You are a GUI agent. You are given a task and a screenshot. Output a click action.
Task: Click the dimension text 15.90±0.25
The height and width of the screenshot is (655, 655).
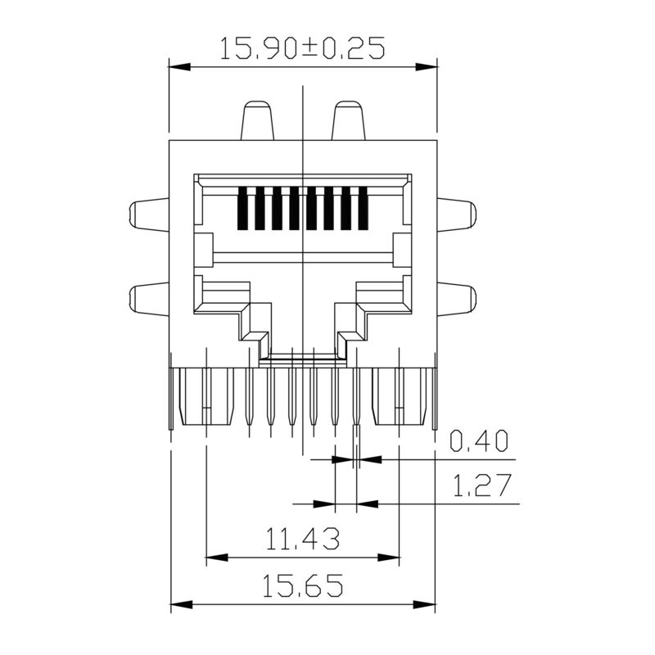[302, 49]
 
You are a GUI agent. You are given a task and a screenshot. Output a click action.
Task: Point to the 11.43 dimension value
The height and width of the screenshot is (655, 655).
[302, 540]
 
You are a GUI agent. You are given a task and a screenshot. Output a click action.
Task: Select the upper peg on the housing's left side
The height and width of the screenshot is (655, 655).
[149, 216]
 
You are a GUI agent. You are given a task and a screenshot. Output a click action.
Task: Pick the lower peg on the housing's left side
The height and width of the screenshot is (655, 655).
[149, 300]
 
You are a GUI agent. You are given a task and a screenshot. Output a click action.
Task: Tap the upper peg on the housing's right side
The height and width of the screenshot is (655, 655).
[455, 216]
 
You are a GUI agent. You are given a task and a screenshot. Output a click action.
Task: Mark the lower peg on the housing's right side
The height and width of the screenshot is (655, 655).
[455, 300]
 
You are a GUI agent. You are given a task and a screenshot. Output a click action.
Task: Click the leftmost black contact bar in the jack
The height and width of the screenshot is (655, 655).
[242, 209]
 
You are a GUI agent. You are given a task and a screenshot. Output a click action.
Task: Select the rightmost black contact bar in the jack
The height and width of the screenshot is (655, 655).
[364, 209]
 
